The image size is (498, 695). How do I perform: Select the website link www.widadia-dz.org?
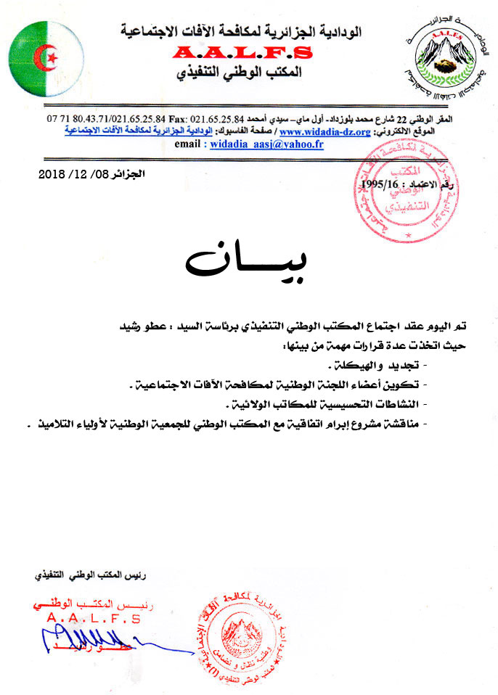[324, 132]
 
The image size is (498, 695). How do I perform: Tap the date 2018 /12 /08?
[73, 174]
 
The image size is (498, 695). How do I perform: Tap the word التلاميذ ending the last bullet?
[51, 423]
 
